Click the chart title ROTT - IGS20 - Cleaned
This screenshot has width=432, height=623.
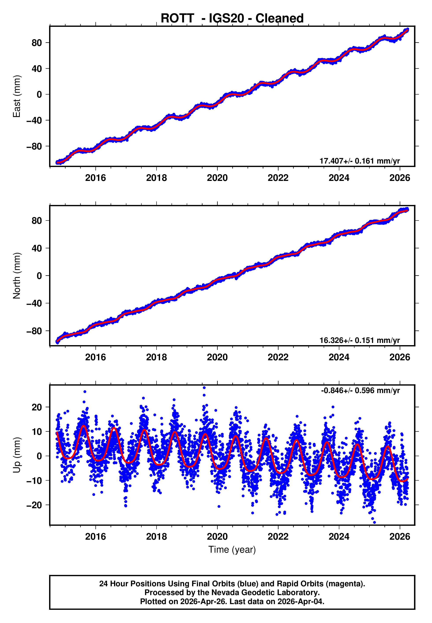click(232, 18)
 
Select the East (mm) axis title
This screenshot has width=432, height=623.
click(17, 96)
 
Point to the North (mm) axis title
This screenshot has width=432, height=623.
click(17, 276)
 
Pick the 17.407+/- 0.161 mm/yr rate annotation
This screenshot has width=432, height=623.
click(360, 161)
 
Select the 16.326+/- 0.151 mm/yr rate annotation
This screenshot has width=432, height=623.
click(360, 340)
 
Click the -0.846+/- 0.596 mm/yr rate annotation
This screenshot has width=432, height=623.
click(360, 390)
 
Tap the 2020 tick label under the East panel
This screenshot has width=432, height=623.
click(217, 178)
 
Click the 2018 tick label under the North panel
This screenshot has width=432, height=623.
click(157, 357)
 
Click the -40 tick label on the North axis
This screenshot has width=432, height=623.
click(34, 303)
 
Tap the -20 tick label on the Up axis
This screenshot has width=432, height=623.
click(34, 505)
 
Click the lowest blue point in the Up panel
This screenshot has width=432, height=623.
click(374, 523)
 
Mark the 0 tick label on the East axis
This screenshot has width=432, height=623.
click(39, 95)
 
